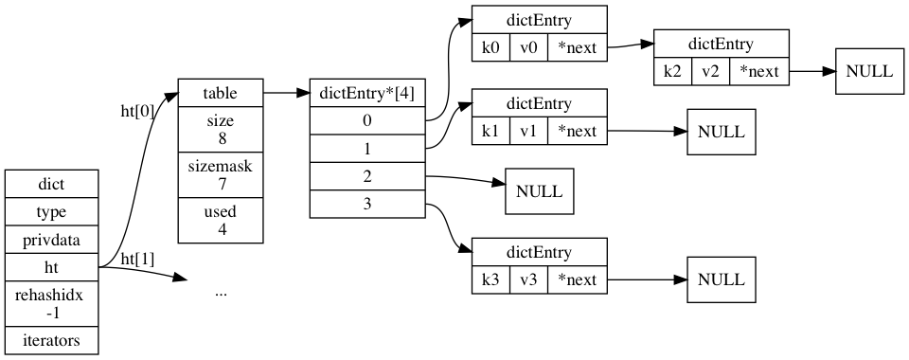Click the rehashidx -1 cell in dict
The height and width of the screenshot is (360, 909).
pos(51,304)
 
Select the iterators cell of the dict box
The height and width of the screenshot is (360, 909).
pos(51,339)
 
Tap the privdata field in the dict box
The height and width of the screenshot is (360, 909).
pos(51,241)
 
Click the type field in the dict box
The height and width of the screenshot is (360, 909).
pos(51,212)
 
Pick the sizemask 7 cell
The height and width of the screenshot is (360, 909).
pos(221,174)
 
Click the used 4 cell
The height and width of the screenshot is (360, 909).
pos(221,220)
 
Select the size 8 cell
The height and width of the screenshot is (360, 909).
pos(221,130)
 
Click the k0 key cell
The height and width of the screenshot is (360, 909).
pos(490,47)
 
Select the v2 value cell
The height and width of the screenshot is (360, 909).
pos(710,72)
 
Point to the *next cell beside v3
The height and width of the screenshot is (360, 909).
pos(577,280)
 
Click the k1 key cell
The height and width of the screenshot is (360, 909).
pos(490,131)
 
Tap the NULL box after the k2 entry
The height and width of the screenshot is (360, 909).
pos(868,72)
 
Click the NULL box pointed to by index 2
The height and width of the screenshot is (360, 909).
pos(539,191)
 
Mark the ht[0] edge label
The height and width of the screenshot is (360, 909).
pos(138,111)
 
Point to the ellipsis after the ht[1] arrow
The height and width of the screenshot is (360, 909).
pos(221,293)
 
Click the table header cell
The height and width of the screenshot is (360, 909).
pos(221,94)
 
